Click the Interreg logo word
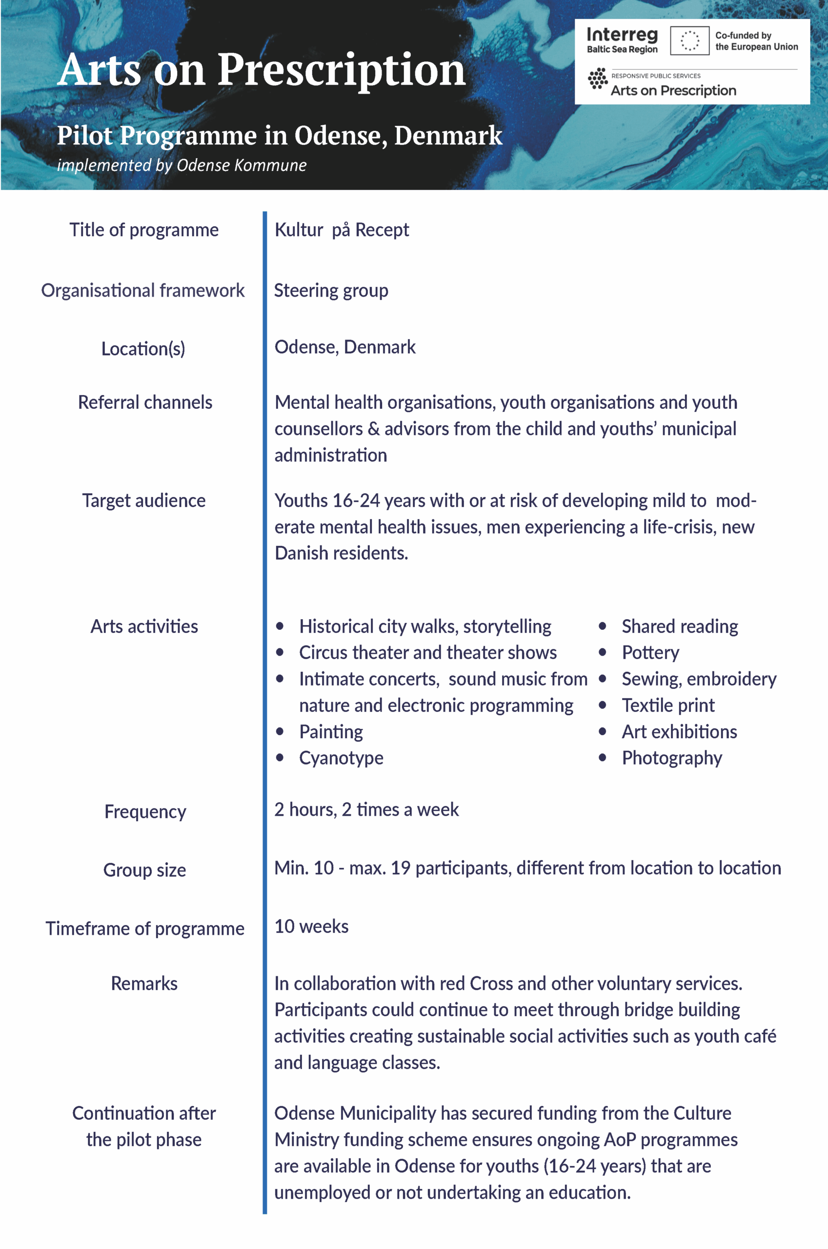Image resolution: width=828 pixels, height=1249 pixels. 622,35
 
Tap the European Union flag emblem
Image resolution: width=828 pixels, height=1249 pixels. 689,40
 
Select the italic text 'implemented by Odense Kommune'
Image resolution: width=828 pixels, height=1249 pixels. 182,165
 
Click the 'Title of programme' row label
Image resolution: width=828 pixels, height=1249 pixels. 143,230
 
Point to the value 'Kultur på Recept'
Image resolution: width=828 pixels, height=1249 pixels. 342,230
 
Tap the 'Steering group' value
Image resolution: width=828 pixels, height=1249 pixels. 331,290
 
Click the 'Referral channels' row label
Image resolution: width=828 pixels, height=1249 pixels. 145,402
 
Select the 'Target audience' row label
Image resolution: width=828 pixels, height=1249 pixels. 143,501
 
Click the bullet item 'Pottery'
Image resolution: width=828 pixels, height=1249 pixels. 650,652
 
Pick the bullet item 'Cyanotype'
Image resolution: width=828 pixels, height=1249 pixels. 341,758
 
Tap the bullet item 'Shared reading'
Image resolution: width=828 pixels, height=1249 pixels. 680,626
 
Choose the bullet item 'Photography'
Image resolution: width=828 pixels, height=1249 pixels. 672,758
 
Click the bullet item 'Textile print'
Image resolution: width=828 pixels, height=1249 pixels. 668,705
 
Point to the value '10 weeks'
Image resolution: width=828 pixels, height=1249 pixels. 312,927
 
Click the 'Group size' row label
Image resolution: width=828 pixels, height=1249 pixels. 145,870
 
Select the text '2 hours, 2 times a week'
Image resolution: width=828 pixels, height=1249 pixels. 366,809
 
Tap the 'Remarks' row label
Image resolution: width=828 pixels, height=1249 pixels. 144,984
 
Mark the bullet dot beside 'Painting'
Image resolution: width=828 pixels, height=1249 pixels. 280,732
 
